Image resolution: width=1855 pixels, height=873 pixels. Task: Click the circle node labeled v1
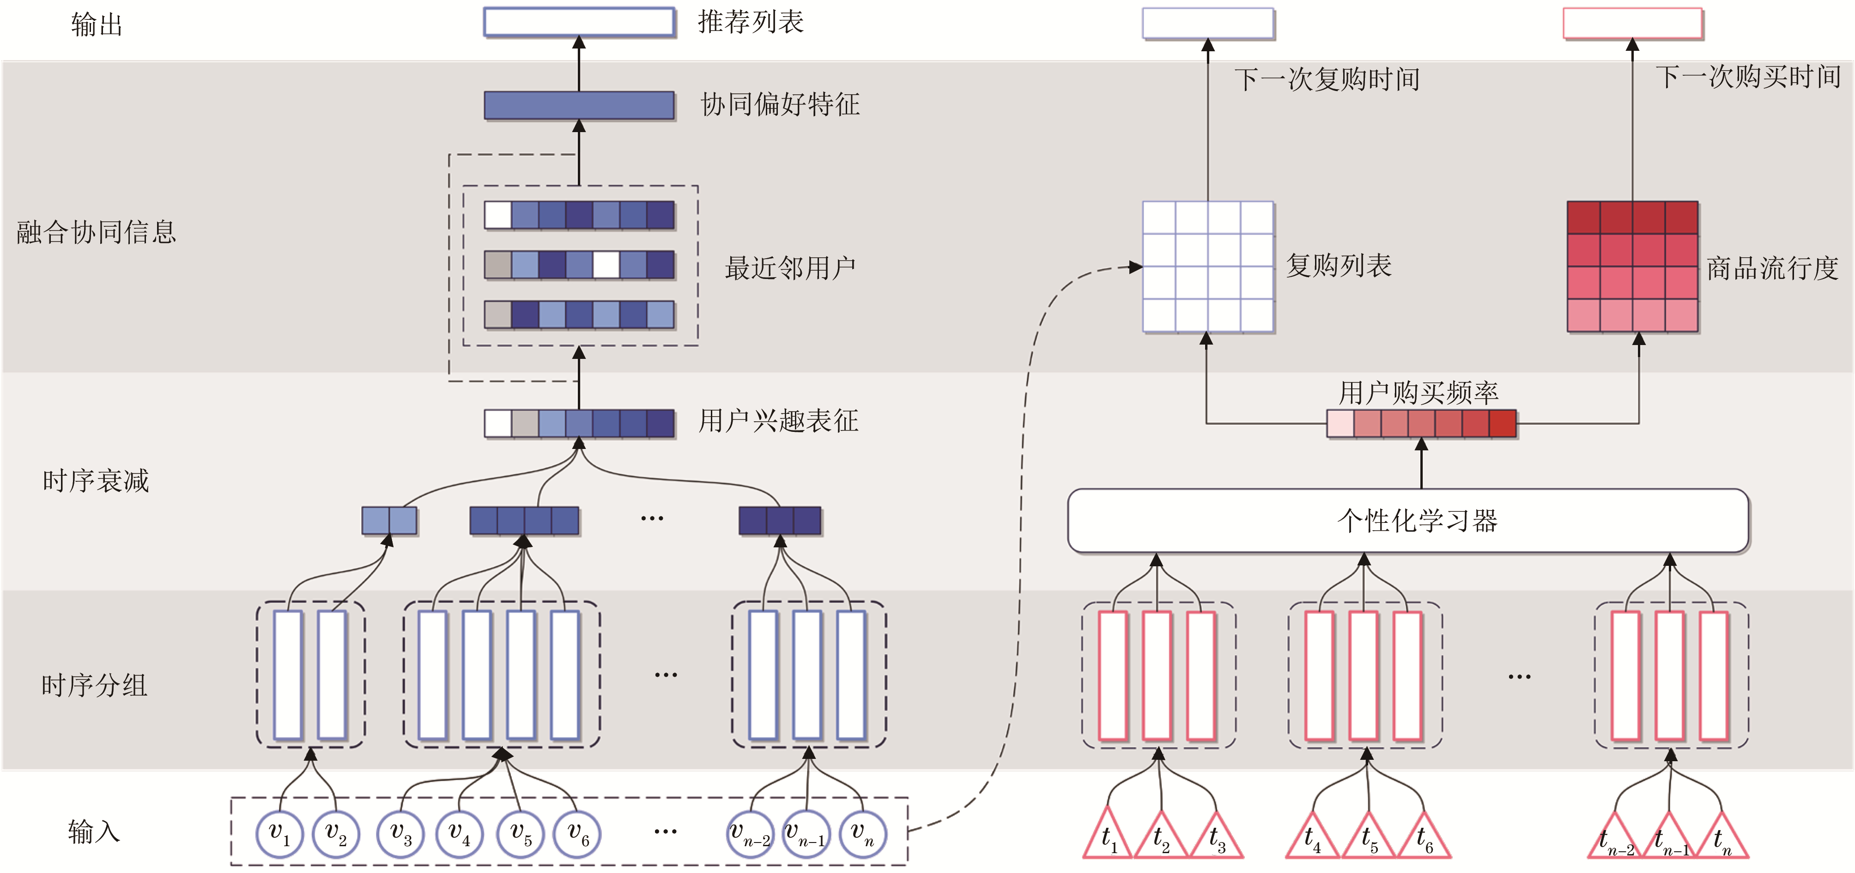279,834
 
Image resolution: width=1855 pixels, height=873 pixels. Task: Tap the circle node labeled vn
863,834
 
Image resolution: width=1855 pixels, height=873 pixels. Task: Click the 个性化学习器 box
1408,521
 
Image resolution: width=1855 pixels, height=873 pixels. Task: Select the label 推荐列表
750,22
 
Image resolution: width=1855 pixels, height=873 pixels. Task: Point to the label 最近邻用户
790,268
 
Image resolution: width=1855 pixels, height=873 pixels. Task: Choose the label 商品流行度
1772,268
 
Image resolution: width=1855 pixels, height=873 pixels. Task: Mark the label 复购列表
1339,266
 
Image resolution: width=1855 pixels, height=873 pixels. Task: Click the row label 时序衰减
96,480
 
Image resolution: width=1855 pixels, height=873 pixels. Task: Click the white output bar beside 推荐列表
579,22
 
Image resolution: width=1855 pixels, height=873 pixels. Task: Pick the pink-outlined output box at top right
1632,24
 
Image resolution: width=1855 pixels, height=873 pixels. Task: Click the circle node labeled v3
400,834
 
